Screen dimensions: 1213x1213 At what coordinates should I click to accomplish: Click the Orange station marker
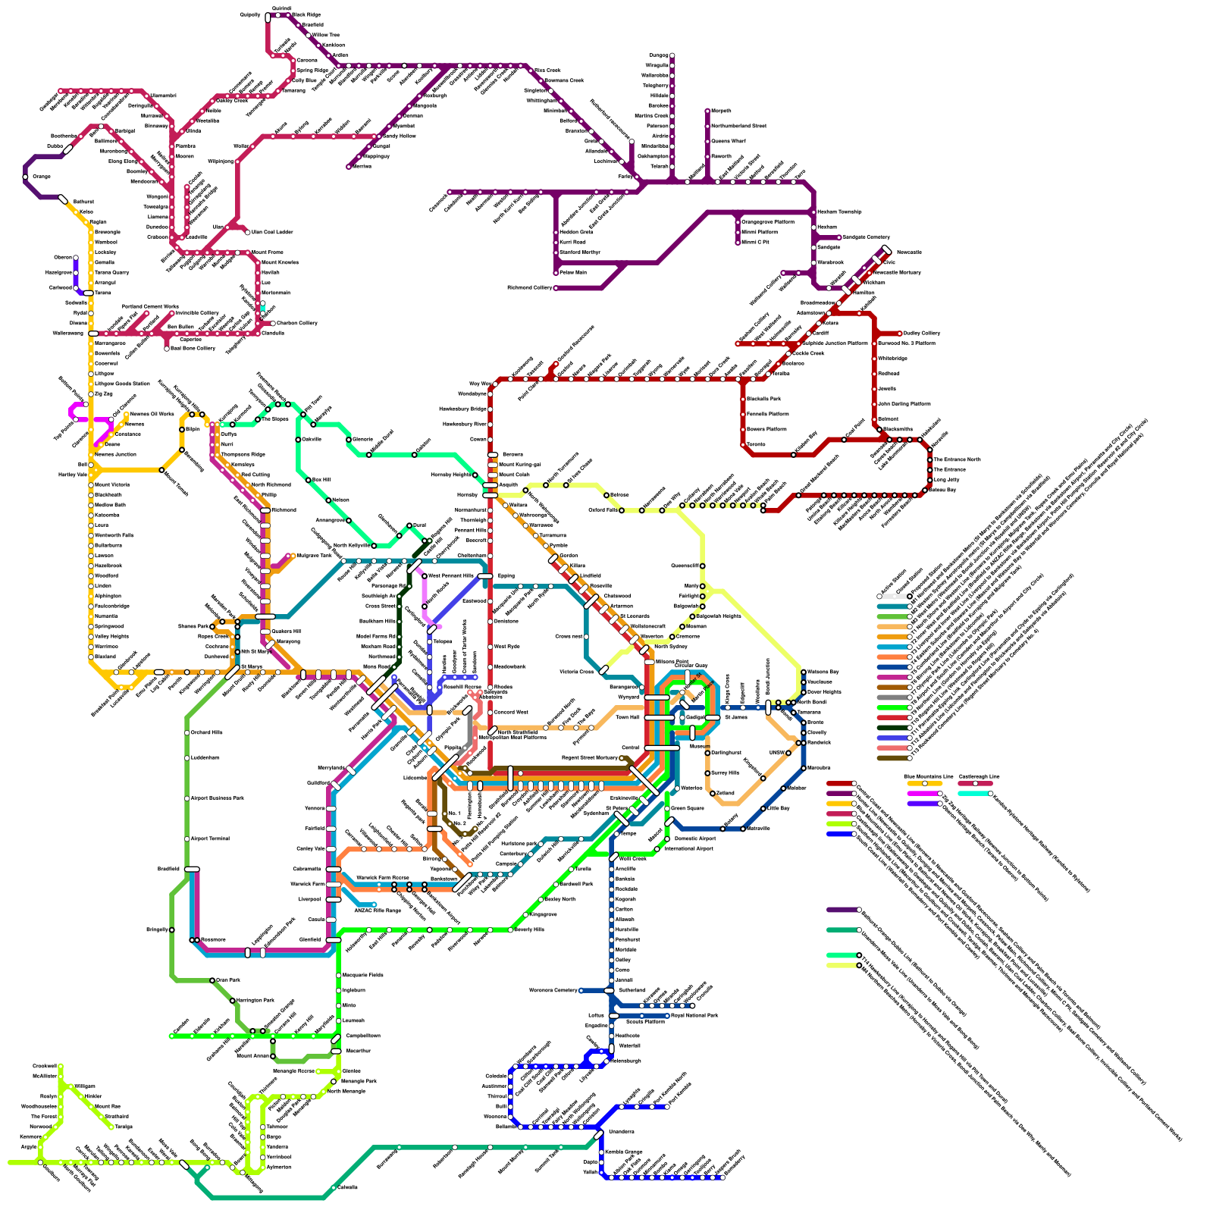coord(26,177)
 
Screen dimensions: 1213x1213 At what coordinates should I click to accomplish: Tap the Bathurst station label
coord(83,202)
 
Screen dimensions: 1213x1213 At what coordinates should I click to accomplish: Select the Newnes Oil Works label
coord(152,414)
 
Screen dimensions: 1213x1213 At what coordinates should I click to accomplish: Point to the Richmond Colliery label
coord(530,288)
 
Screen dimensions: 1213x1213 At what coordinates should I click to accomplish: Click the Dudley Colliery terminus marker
coord(901,333)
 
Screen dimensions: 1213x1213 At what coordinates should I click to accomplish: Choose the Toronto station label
coord(756,444)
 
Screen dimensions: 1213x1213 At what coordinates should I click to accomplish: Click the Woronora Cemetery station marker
coord(581,990)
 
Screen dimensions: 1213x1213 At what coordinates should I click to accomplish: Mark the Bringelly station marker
coord(172,929)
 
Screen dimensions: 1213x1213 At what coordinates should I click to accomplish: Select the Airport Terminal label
coord(209,838)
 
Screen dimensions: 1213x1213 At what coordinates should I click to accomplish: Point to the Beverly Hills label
coord(529,929)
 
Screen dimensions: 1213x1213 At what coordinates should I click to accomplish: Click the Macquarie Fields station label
coord(362,975)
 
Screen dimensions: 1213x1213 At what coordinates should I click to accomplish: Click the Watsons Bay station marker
coord(804,672)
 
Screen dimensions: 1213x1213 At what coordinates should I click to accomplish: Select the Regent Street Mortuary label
coord(590,757)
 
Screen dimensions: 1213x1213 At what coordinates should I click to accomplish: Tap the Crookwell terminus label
coord(45,1066)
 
